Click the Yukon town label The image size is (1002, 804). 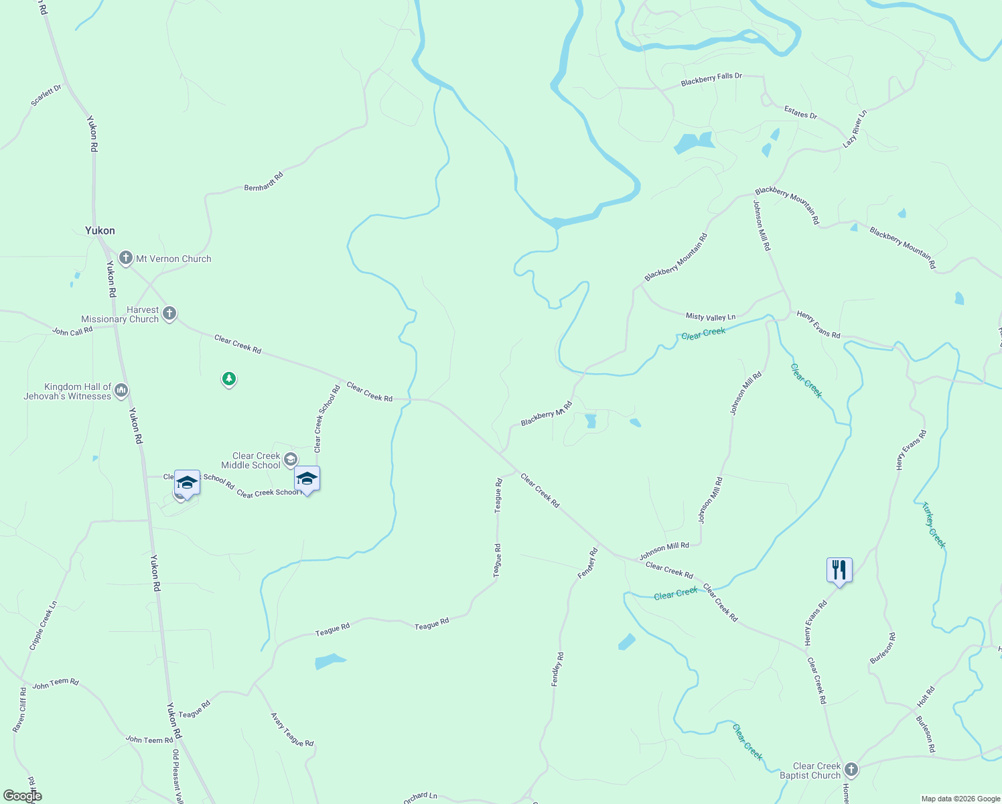point(100,230)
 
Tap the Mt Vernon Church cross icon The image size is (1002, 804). point(125,258)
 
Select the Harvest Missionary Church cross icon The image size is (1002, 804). point(169,313)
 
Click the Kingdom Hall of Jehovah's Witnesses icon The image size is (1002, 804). point(121,390)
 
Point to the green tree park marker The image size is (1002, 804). point(229,379)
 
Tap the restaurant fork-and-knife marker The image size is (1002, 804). point(839,570)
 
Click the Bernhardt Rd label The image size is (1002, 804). point(264,182)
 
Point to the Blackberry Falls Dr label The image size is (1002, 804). point(711,80)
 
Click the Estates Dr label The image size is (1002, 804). point(801,113)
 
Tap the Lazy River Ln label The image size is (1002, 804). point(855,129)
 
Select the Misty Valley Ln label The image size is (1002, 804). point(710,316)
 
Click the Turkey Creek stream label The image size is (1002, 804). point(934,525)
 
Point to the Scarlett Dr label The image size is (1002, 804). point(46,95)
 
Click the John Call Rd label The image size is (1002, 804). point(72,331)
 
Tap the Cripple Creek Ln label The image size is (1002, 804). point(43,626)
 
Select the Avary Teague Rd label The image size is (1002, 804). point(292,730)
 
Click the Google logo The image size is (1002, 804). point(21,796)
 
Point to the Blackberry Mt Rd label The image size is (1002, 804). point(547,413)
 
